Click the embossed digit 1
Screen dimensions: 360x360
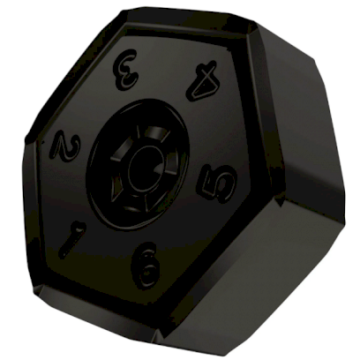73,239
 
